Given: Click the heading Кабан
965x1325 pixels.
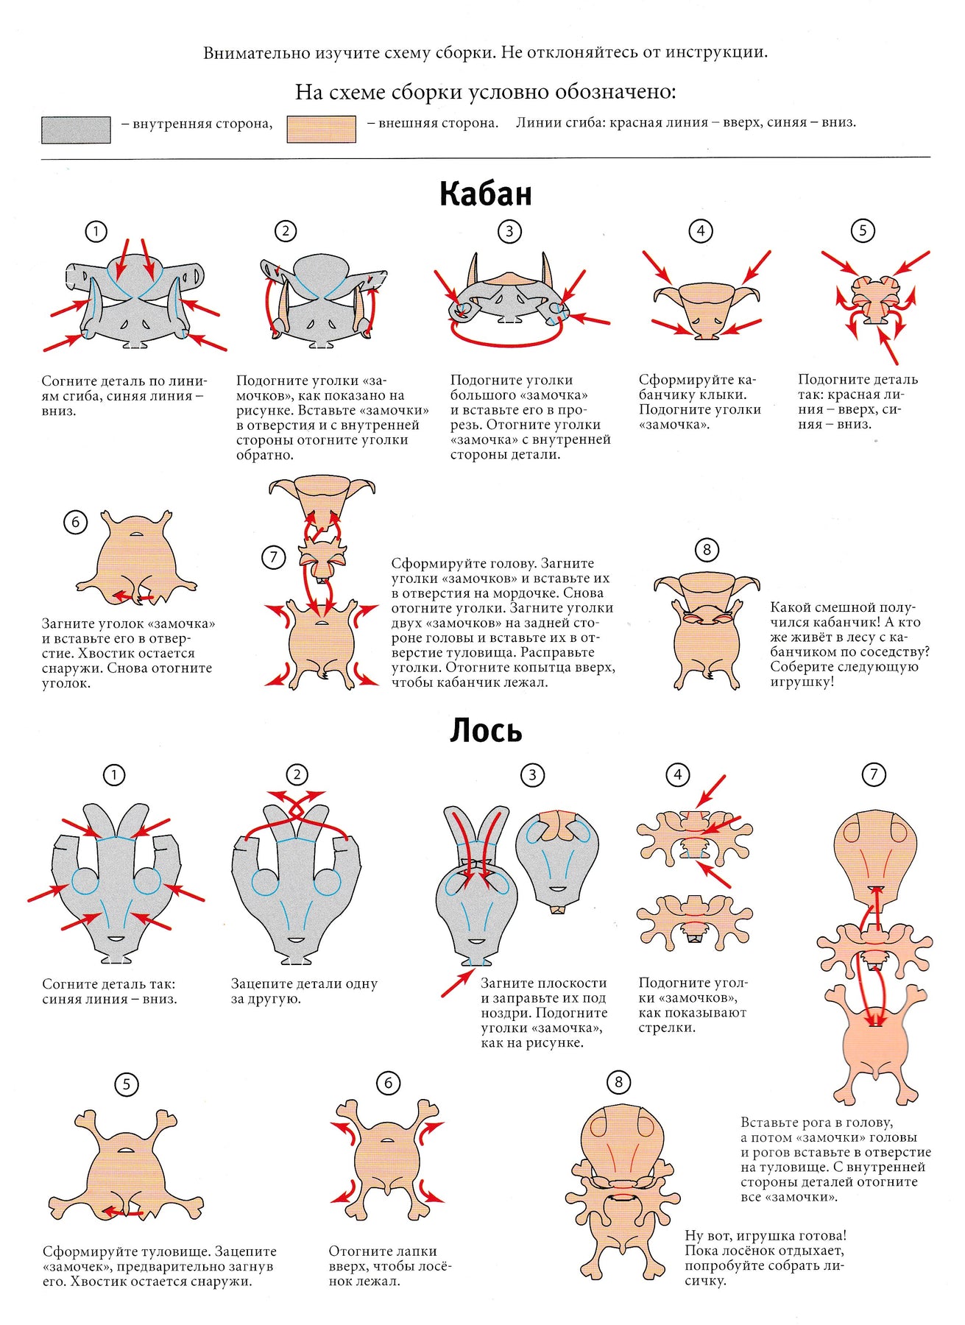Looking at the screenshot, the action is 485,194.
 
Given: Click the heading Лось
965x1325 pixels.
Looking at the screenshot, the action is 486,730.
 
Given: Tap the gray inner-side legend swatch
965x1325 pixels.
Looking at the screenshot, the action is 76,130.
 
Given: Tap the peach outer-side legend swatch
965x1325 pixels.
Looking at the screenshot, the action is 322,129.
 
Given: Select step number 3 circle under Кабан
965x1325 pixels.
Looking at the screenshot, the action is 509,231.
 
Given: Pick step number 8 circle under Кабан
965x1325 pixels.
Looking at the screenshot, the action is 707,549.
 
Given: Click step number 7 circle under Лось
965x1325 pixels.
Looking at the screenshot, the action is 874,774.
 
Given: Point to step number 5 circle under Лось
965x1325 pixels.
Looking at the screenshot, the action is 127,1084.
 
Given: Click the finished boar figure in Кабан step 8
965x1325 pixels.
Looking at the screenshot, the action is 706,630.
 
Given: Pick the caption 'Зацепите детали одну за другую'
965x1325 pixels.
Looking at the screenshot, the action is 304,991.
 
